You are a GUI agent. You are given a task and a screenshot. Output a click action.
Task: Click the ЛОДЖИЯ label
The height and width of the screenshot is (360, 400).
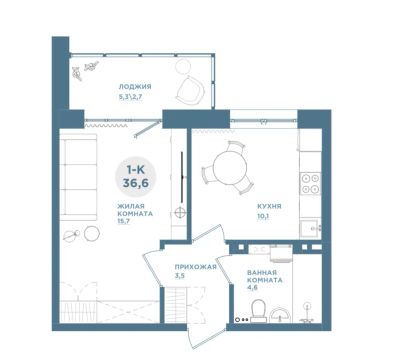click(135, 87)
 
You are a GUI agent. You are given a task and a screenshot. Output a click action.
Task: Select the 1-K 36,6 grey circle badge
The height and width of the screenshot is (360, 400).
click(136, 176)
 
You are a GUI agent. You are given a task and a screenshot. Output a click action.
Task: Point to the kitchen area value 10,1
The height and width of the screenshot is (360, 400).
click(263, 216)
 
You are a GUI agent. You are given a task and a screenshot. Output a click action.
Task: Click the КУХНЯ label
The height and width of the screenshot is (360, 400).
click(269, 206)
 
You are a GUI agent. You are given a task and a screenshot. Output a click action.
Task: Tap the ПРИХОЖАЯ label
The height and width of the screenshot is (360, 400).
click(196, 267)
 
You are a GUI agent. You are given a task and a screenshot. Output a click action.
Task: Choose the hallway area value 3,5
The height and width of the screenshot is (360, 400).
click(179, 276)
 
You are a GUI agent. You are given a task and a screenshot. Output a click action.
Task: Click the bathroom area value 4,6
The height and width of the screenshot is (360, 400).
click(252, 287)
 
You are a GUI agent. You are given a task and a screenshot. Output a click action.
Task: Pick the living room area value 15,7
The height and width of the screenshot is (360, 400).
click(123, 221)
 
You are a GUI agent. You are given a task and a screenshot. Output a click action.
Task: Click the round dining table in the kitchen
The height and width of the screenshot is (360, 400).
click(230, 168)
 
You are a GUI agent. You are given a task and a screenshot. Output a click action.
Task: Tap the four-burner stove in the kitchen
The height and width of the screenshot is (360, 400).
click(310, 184)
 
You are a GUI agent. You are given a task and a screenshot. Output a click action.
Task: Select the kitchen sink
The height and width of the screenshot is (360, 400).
click(310, 228)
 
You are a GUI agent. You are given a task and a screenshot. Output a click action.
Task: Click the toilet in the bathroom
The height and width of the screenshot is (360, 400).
click(258, 311)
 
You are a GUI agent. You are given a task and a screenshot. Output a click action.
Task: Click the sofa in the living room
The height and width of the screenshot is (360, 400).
click(79, 177)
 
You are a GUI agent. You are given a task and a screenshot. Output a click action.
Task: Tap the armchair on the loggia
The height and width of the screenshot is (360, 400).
click(190, 89)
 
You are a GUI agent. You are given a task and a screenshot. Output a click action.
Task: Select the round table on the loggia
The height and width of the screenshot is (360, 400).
click(183, 66)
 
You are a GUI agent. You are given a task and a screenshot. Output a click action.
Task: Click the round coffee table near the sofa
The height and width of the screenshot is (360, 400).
click(92, 233)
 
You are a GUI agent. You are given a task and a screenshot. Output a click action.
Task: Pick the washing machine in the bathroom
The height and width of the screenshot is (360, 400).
click(281, 253)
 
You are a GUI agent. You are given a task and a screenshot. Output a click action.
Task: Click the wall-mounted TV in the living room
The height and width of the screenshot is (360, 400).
click(182, 177)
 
